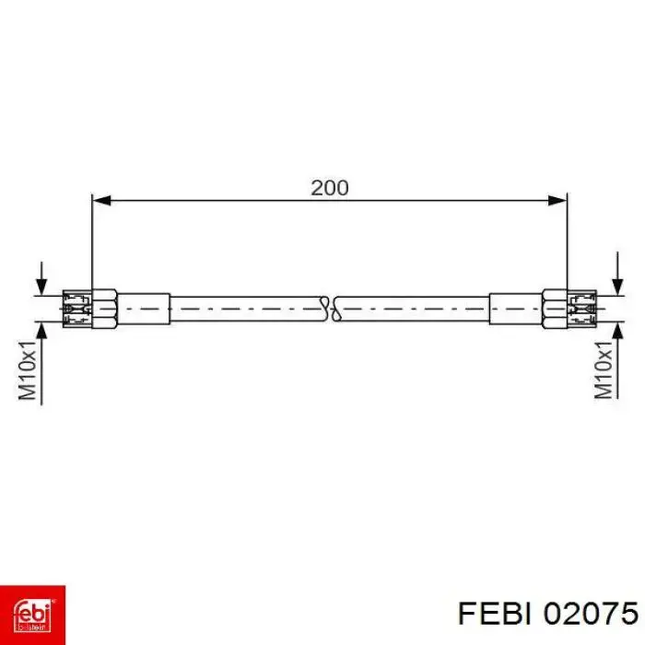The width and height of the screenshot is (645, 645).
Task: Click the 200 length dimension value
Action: click(x=329, y=187)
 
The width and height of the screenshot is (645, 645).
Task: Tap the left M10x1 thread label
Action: click(x=29, y=370)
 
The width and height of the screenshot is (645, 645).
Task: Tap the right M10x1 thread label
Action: click(x=604, y=369)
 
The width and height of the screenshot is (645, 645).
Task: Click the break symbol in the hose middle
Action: click(x=329, y=309)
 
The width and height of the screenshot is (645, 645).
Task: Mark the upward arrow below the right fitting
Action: click(x=617, y=335)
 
